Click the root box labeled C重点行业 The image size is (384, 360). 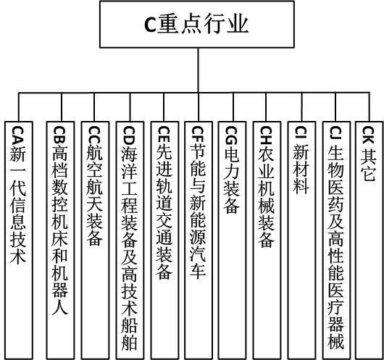click(x=197, y=25)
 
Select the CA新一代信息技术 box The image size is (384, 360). click(x=19, y=240)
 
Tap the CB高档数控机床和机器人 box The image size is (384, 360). click(x=60, y=240)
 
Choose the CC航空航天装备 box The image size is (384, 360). click(x=95, y=240)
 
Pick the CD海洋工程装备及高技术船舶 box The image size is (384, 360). click(x=130, y=240)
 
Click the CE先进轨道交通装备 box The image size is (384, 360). click(x=164, y=240)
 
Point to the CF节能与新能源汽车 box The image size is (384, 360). click(x=199, y=240)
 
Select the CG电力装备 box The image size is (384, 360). click(x=232, y=240)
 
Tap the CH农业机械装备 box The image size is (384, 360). click(x=267, y=240)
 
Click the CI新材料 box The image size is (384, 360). click(x=301, y=240)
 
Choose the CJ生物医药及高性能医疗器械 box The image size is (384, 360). click(x=336, y=240)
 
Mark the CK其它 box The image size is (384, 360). click(x=370, y=240)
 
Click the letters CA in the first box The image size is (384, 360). click(x=17, y=136)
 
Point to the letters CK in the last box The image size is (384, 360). click(x=368, y=135)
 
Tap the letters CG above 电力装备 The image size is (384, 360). click(x=231, y=136)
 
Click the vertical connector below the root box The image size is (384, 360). click(x=198, y=70)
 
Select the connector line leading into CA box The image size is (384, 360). click(x=19, y=107)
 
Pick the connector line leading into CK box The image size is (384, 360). click(x=370, y=107)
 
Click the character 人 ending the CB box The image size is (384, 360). click(x=60, y=306)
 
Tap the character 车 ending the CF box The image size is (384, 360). click(x=198, y=271)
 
